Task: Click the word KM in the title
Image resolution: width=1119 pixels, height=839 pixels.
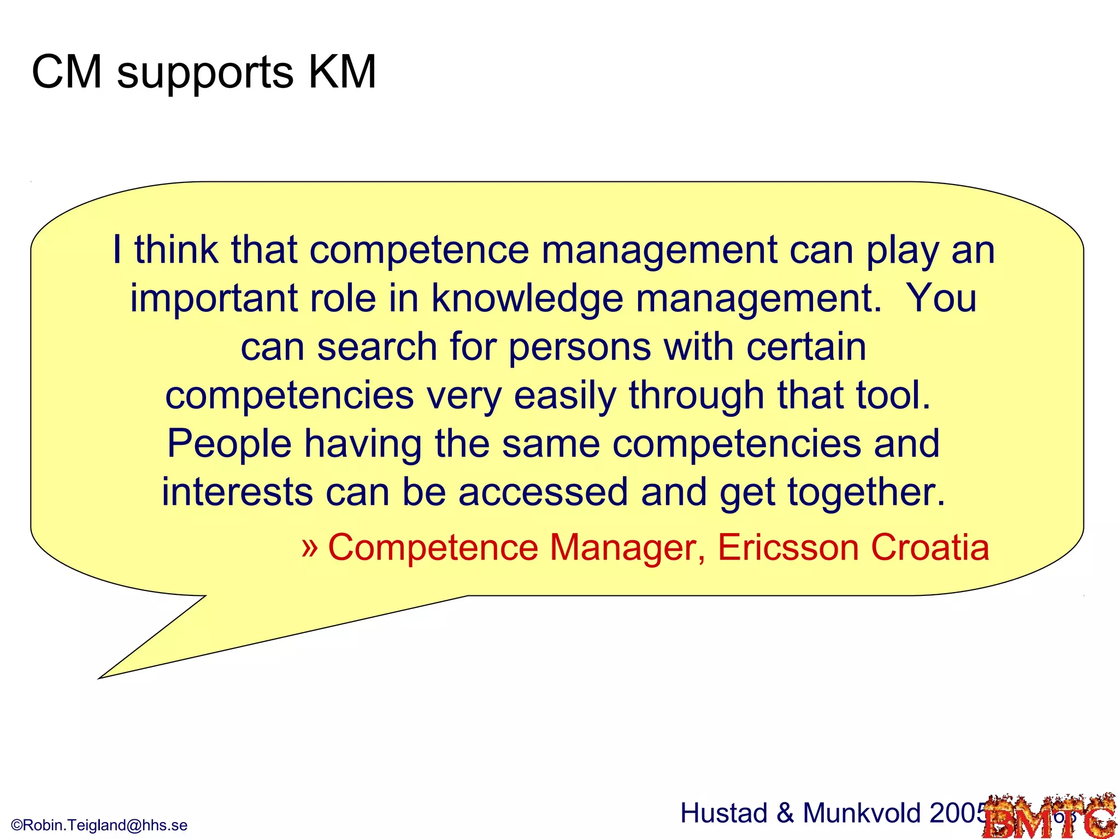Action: [342, 72]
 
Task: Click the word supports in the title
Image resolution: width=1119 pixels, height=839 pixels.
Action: [205, 74]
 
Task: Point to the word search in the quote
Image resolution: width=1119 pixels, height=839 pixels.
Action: [377, 347]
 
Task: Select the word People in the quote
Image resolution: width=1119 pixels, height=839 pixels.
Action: [229, 444]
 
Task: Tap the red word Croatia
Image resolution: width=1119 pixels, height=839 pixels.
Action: [930, 547]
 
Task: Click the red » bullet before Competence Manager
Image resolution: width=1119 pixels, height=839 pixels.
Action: [310, 546]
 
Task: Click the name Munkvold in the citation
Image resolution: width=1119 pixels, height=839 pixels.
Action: [863, 813]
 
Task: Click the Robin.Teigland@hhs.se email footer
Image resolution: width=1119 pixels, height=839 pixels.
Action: [99, 825]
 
